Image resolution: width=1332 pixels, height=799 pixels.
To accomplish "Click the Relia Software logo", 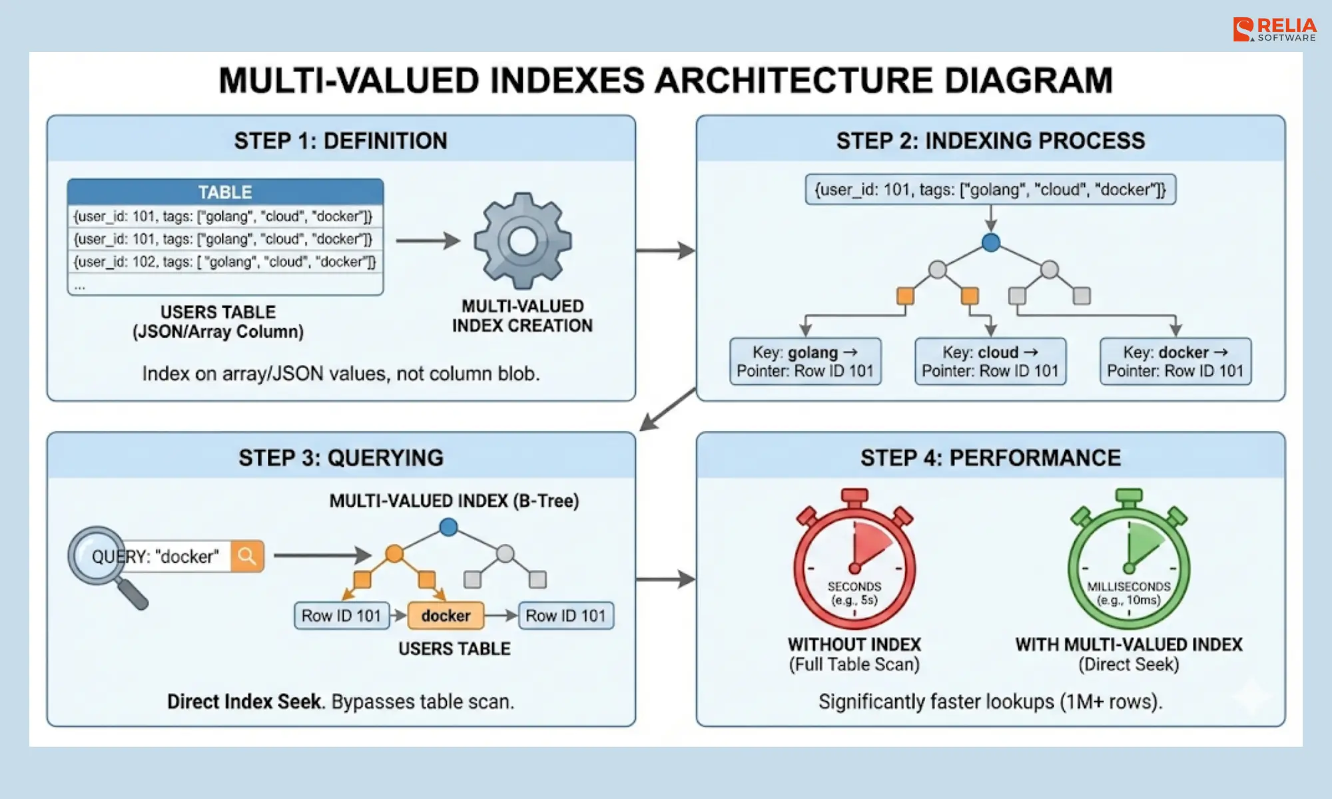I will click(x=1274, y=30).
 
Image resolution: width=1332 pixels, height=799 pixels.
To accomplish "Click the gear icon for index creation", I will click(x=523, y=240).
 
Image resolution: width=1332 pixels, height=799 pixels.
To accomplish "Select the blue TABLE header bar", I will click(x=225, y=192).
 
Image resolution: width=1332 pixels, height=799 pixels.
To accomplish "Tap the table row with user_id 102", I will click(x=225, y=262).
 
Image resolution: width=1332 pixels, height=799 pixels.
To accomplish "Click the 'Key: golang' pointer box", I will click(x=805, y=362).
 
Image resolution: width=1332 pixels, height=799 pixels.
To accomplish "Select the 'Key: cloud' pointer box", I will click(x=990, y=362).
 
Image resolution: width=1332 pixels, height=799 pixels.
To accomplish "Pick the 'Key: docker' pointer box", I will click(x=1175, y=362).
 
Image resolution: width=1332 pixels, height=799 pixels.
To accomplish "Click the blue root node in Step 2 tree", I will click(x=991, y=242).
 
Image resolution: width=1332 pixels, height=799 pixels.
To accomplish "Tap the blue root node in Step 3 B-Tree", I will click(x=449, y=527).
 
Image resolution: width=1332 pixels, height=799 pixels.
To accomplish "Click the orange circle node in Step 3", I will click(x=394, y=553).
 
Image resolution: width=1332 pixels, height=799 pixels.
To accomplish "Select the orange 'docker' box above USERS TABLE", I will click(x=446, y=616).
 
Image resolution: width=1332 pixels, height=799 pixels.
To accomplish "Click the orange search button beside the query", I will click(x=247, y=556).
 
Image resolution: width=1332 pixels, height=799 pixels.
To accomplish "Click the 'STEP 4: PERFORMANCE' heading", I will click(x=990, y=458).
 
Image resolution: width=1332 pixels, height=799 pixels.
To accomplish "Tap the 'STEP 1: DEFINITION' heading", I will click(x=340, y=141).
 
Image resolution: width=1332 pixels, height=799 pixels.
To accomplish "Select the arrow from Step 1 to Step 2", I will click(x=665, y=250).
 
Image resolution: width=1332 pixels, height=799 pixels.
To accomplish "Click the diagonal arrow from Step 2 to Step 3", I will click(x=667, y=409).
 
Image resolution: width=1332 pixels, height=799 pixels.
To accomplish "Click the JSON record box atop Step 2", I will click(x=990, y=190).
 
